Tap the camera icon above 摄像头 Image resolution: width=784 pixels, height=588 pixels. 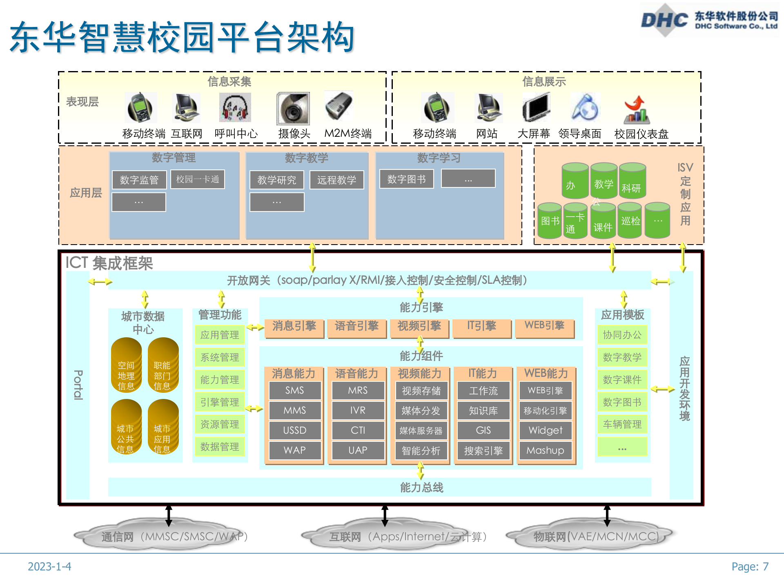tap(293, 109)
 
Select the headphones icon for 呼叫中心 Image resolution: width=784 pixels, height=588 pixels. tap(235, 108)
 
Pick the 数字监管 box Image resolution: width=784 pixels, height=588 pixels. tap(139, 180)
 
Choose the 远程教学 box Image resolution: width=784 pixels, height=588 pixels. tap(337, 180)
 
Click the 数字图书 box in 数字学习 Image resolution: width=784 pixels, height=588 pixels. tap(407, 179)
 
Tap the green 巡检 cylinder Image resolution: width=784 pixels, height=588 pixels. tap(630, 221)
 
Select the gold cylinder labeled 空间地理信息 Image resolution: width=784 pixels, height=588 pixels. tap(126, 365)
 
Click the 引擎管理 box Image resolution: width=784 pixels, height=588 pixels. tap(220, 402)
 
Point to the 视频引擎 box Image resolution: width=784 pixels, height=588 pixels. tap(419, 326)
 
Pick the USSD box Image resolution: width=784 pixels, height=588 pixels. tap(295, 430)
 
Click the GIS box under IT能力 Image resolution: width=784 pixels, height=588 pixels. tap(483, 430)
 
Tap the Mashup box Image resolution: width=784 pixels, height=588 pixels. tap(545, 450)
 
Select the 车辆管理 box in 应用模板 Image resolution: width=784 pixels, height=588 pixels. tap(622, 425)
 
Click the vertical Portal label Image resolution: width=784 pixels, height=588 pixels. tap(78, 385)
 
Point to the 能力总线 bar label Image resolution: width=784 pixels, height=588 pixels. tap(421, 487)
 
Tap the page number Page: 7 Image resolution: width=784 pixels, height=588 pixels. tap(750, 566)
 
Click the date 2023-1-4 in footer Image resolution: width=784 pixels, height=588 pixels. tap(49, 566)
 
